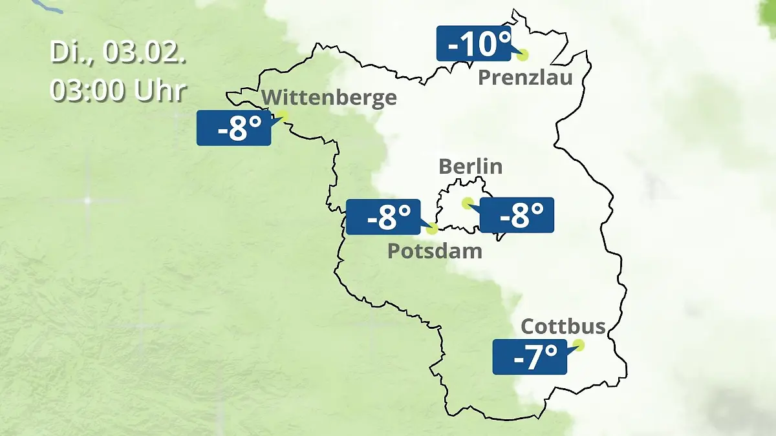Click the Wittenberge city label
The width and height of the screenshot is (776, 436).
(x=330, y=98)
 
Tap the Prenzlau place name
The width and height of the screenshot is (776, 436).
(x=525, y=78)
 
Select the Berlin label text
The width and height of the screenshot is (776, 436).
(x=470, y=166)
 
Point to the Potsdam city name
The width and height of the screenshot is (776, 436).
(x=435, y=251)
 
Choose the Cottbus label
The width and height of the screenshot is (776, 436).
(x=563, y=326)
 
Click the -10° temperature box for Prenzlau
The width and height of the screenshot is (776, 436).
(x=474, y=43)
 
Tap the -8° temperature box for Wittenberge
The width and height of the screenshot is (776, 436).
(x=233, y=128)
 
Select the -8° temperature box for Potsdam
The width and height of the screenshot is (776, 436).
(x=383, y=217)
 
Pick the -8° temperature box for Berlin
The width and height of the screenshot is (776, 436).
(x=517, y=215)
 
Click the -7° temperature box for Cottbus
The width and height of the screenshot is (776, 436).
(x=530, y=357)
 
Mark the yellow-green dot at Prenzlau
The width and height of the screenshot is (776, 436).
(x=522, y=55)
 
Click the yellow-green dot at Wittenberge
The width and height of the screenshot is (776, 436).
(x=282, y=116)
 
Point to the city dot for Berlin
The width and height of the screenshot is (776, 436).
(x=467, y=203)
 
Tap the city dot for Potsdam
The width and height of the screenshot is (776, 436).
(x=432, y=228)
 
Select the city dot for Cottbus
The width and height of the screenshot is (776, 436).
(x=579, y=345)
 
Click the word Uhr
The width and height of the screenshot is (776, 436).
(x=160, y=90)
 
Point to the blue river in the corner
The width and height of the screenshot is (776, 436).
(x=48, y=6)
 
